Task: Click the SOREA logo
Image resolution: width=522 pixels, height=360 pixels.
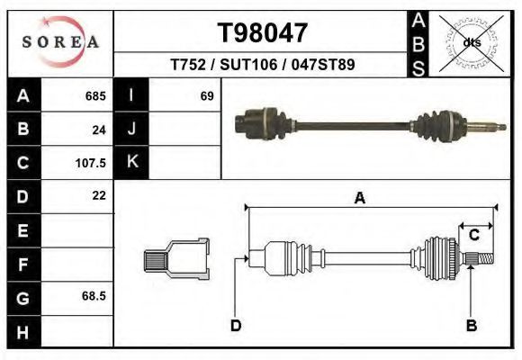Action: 60,41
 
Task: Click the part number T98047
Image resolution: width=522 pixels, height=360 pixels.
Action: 262,32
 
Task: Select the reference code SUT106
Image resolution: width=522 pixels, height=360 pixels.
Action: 248,64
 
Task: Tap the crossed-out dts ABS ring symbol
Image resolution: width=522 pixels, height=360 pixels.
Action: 472,43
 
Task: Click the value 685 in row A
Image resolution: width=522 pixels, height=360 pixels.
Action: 95,96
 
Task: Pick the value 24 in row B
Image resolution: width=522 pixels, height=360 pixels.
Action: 99,130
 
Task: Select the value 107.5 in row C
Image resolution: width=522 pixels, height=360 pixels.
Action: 91,163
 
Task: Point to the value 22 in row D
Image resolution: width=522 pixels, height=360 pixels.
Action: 99,195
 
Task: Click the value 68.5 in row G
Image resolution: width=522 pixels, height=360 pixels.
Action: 94,296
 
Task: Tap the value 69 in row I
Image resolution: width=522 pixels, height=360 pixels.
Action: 207,96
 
